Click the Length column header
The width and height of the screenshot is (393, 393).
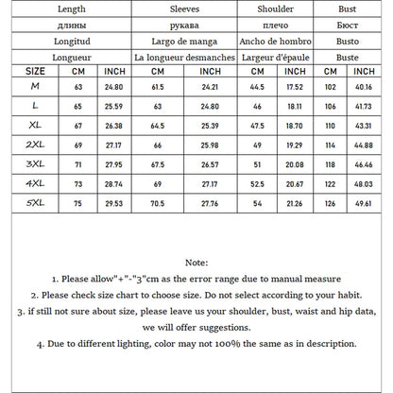pos(71,9)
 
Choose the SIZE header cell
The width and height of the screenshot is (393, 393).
pos(35,71)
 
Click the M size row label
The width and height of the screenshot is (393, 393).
pos(35,87)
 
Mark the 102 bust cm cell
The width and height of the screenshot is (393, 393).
pos(331,87)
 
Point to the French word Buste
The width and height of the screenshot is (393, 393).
pos(348,57)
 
